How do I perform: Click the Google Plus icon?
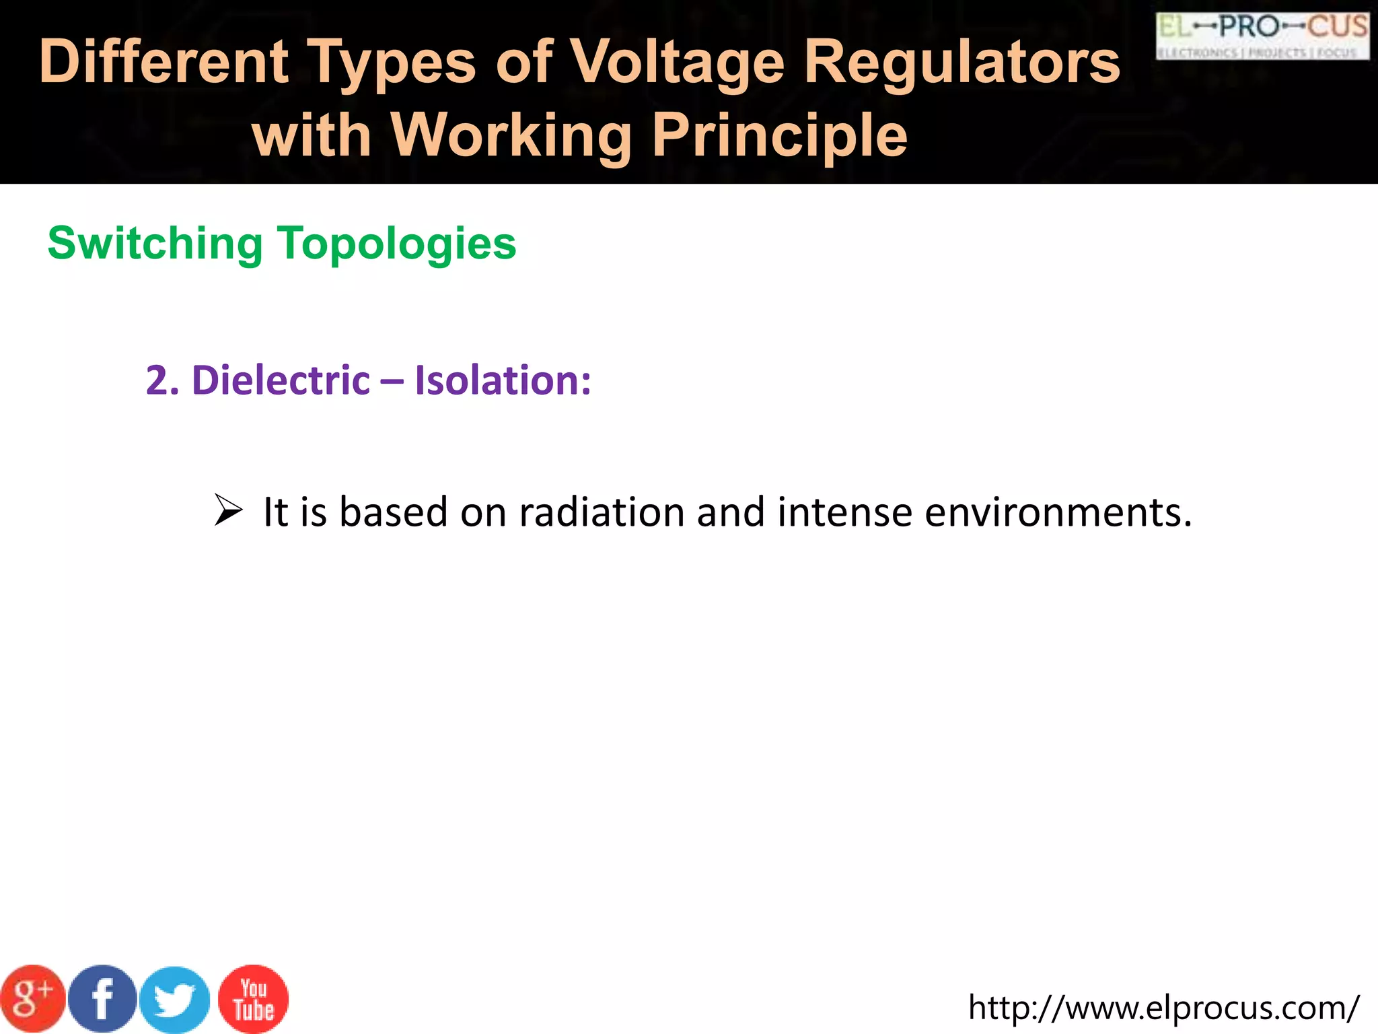pyautogui.click(x=32, y=999)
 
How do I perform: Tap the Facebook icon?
pyautogui.click(x=103, y=999)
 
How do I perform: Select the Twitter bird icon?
pyautogui.click(x=175, y=1000)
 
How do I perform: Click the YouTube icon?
pyautogui.click(x=254, y=999)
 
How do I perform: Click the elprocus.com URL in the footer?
pyautogui.click(x=1163, y=1008)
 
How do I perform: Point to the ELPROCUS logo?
pyautogui.click(x=1262, y=36)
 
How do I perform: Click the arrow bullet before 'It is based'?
pyautogui.click(x=228, y=511)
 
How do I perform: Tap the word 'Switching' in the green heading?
pyautogui.click(x=155, y=243)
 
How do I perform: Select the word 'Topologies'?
pyautogui.click(x=397, y=243)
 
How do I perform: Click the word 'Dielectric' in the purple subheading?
pyautogui.click(x=281, y=380)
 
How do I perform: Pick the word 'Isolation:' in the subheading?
pyautogui.click(x=503, y=380)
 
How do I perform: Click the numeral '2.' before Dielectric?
pyautogui.click(x=162, y=380)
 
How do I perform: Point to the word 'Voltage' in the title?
pyautogui.click(x=678, y=62)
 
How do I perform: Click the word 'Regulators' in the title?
pyautogui.click(x=962, y=62)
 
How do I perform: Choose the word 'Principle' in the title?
pyautogui.click(x=780, y=135)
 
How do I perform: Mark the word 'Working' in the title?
pyautogui.click(x=511, y=135)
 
